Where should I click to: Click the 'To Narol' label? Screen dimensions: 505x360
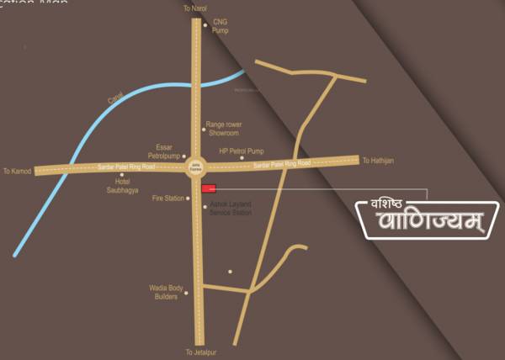[x=194, y=8]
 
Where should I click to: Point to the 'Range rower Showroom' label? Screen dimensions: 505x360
[x=223, y=129]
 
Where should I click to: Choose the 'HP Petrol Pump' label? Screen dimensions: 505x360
[x=242, y=151]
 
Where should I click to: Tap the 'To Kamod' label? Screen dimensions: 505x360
[x=16, y=170]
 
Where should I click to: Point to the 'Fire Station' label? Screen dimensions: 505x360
[x=167, y=199]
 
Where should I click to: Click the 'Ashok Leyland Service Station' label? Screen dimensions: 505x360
[x=231, y=209]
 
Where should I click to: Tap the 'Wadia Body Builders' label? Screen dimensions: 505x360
[x=165, y=294]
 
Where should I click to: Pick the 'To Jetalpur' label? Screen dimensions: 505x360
[x=201, y=352]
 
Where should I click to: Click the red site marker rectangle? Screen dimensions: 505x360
[x=209, y=188]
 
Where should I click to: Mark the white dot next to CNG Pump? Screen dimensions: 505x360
[x=205, y=25]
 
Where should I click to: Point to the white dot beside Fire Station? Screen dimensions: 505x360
[x=188, y=199]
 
